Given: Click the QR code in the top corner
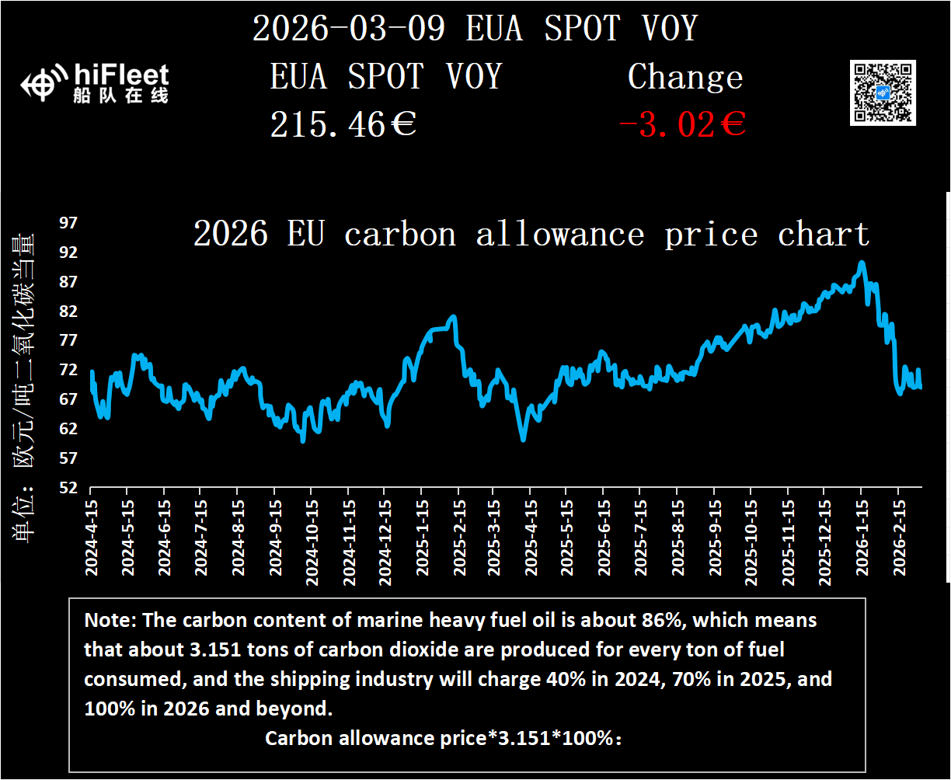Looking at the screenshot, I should pos(883,92).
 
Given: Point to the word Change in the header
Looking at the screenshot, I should pos(685,77).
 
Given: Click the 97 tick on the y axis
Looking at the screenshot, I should pos(69,223).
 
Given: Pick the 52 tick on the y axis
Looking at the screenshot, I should pos(69,488).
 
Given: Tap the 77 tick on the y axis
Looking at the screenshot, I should pos(69,340).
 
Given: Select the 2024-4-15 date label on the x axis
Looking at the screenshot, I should pos(92,537).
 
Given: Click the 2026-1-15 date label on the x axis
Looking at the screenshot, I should pos(861,537).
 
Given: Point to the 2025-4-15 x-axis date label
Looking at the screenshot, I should pos(531,537).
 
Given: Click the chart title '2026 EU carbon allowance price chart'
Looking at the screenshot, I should pos(531,234).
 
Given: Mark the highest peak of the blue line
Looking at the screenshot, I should pos(861,263).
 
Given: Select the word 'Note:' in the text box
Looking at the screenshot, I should pos(110,621).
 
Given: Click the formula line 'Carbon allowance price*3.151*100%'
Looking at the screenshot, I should pos(444,738).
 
